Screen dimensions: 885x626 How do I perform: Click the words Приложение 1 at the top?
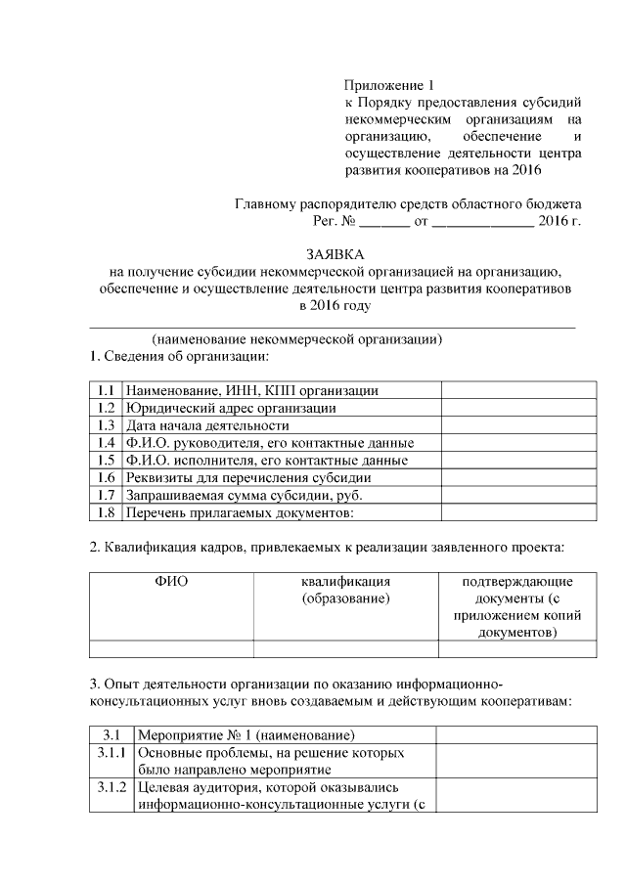point(387,85)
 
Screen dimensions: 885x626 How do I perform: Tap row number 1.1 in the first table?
point(108,390)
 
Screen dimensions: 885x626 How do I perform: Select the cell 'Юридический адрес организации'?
point(231,408)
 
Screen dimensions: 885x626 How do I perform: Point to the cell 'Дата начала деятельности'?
point(207,425)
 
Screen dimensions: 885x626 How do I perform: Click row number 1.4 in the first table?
point(108,443)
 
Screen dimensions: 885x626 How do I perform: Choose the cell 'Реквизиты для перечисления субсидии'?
point(248,478)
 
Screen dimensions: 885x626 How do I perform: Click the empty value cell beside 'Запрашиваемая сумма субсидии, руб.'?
point(518,496)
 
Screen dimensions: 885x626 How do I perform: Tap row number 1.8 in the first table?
point(108,513)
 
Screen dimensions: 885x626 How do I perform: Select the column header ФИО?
point(171,581)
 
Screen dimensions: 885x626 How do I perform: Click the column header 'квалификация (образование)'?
point(346,590)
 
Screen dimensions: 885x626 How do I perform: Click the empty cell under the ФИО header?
point(171,647)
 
